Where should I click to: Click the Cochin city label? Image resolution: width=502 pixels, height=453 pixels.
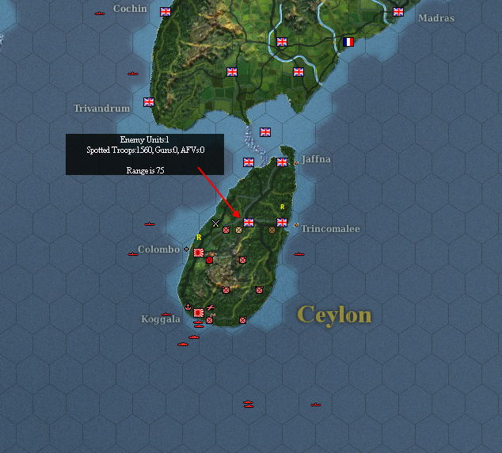[130, 9]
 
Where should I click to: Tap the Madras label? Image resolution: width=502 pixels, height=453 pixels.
[435, 18]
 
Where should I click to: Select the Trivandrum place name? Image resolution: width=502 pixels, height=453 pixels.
[101, 108]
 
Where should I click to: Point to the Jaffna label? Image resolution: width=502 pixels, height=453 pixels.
[316, 159]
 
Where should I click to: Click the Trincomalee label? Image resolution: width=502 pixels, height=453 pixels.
[330, 229]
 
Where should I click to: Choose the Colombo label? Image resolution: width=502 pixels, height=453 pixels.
[158, 249]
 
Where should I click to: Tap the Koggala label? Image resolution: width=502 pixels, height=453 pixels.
[161, 319]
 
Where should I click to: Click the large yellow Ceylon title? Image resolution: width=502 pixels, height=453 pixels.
[333, 315]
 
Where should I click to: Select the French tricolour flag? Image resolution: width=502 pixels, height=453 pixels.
[348, 42]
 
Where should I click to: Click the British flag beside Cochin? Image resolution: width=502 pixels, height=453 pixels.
[165, 12]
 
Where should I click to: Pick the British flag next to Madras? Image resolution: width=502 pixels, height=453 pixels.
[398, 12]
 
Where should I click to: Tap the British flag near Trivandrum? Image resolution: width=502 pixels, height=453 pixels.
[148, 101]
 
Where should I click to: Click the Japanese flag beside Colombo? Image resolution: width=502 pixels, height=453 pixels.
[198, 252]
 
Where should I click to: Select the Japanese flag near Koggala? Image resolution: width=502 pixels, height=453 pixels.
[198, 314]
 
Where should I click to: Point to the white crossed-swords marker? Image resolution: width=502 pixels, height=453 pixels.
[215, 223]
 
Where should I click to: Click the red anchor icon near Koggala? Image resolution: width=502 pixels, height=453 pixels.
[188, 306]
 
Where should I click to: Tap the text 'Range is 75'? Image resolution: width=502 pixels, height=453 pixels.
[144, 170]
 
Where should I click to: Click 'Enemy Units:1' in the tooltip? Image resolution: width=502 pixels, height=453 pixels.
[144, 139]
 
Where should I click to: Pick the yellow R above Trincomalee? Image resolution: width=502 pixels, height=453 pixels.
[282, 207]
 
